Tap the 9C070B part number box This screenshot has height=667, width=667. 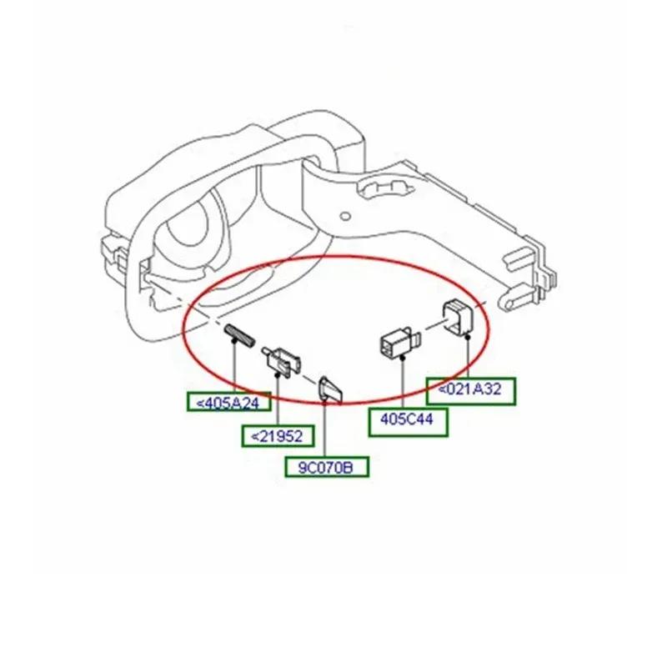pos(326,467)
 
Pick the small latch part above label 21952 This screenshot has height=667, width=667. pos(283,361)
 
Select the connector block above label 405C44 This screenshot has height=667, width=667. pos(398,343)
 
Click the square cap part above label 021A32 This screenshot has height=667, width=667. pos(459,315)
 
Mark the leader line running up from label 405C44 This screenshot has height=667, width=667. pos(404,384)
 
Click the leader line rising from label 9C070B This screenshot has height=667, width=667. pos(324,429)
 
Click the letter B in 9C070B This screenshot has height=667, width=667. pos(359,468)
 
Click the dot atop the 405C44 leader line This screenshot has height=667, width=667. pos(404,357)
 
